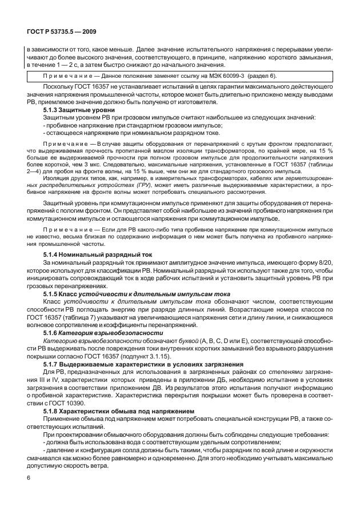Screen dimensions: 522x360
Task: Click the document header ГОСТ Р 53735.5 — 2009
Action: click(x=55, y=33)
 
